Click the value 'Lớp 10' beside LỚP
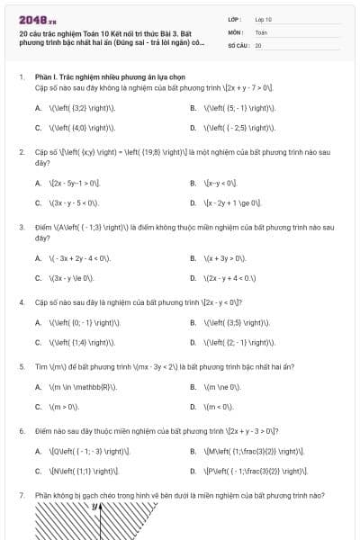263,18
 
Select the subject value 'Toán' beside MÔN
261,31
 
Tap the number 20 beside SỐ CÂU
258,44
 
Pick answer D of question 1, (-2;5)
238,127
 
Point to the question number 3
21,226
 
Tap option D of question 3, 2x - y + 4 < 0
229,278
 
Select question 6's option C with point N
83,471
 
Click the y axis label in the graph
94,508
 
